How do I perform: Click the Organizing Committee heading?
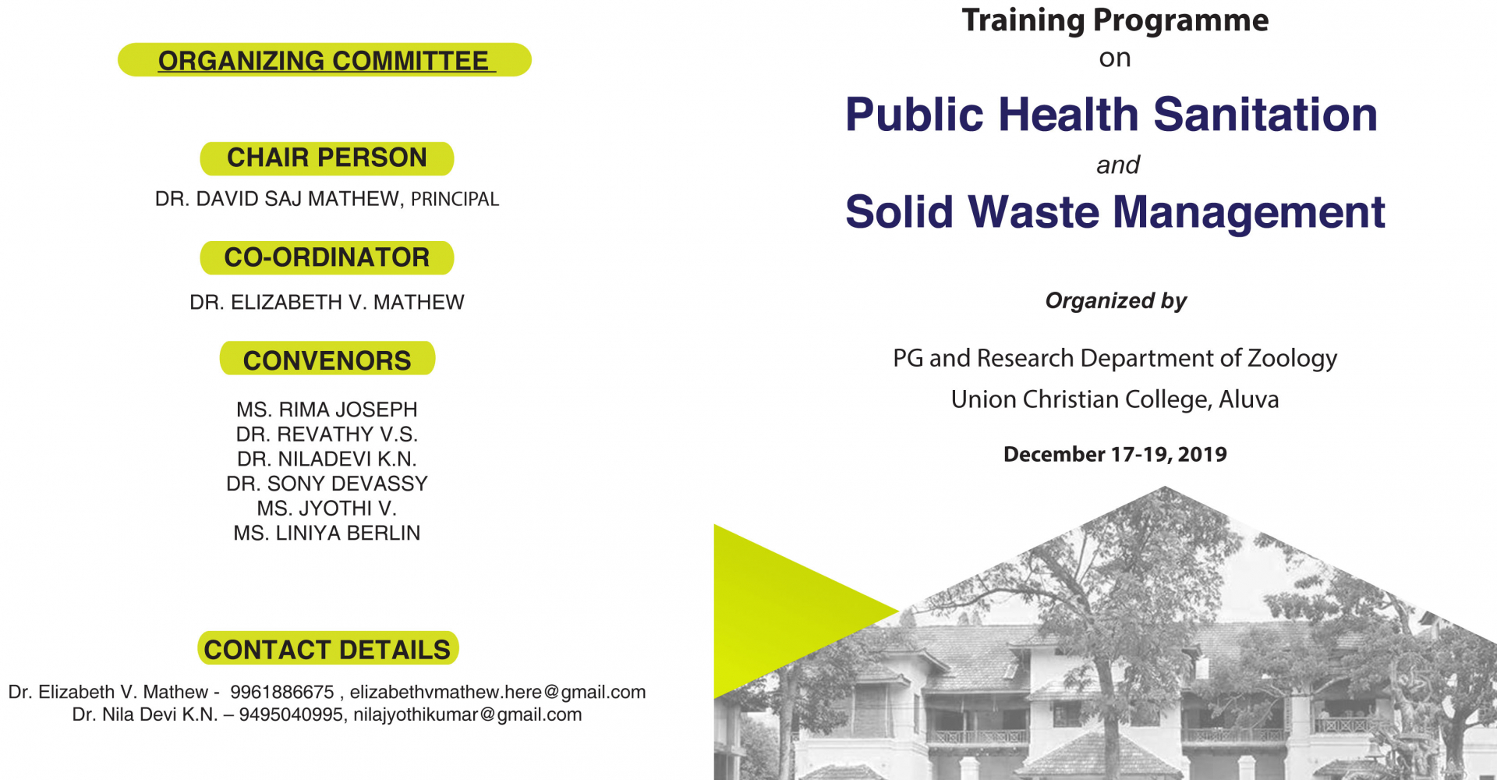(324, 60)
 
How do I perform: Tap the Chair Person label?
(327, 158)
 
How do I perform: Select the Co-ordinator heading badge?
(327, 257)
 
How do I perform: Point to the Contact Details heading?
(327, 648)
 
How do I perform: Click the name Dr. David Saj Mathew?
(277, 199)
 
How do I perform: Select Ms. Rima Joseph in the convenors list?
(327, 409)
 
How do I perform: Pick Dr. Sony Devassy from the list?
(327, 484)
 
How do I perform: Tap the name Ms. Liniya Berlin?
(327, 533)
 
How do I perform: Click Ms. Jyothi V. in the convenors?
(327, 509)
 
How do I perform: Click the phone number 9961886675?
(282, 692)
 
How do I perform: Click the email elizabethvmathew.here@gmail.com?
(497, 692)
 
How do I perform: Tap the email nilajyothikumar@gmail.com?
(467, 714)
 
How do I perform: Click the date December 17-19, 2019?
(1115, 454)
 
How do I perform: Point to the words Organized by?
(1116, 301)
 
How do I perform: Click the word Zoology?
(1292, 358)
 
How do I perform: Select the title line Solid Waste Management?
(1115, 211)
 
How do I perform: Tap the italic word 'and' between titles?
(1117, 165)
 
